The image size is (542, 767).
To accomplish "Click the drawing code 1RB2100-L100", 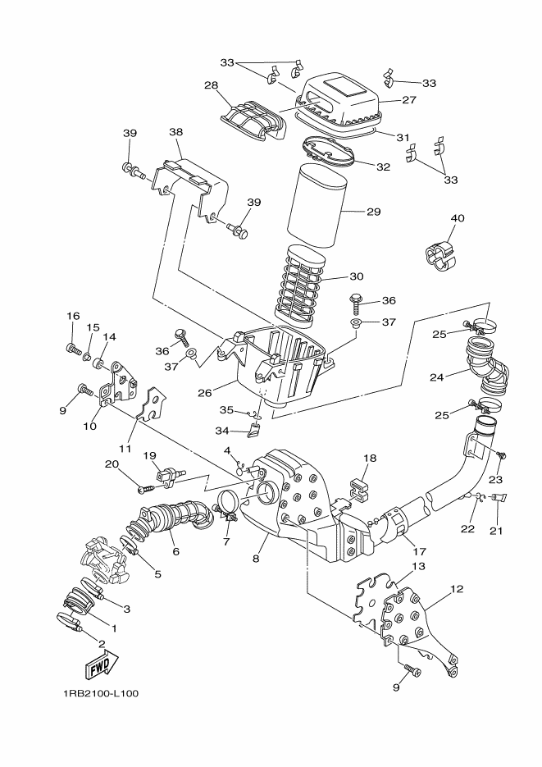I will tap(101, 693).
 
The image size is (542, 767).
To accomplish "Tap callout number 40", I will tap(458, 218).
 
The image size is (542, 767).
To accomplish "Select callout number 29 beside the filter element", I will tap(373, 212).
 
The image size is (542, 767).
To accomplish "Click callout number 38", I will tap(175, 132).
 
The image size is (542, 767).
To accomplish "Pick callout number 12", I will tap(457, 588).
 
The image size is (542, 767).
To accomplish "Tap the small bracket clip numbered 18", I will tap(357, 486).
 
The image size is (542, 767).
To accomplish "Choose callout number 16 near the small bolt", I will tap(72, 316).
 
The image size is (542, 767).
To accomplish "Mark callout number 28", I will tap(211, 85).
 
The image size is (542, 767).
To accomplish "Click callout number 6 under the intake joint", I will tap(175, 552).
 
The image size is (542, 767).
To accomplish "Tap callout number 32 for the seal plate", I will tap(383, 166).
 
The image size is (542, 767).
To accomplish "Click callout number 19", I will tap(150, 455).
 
